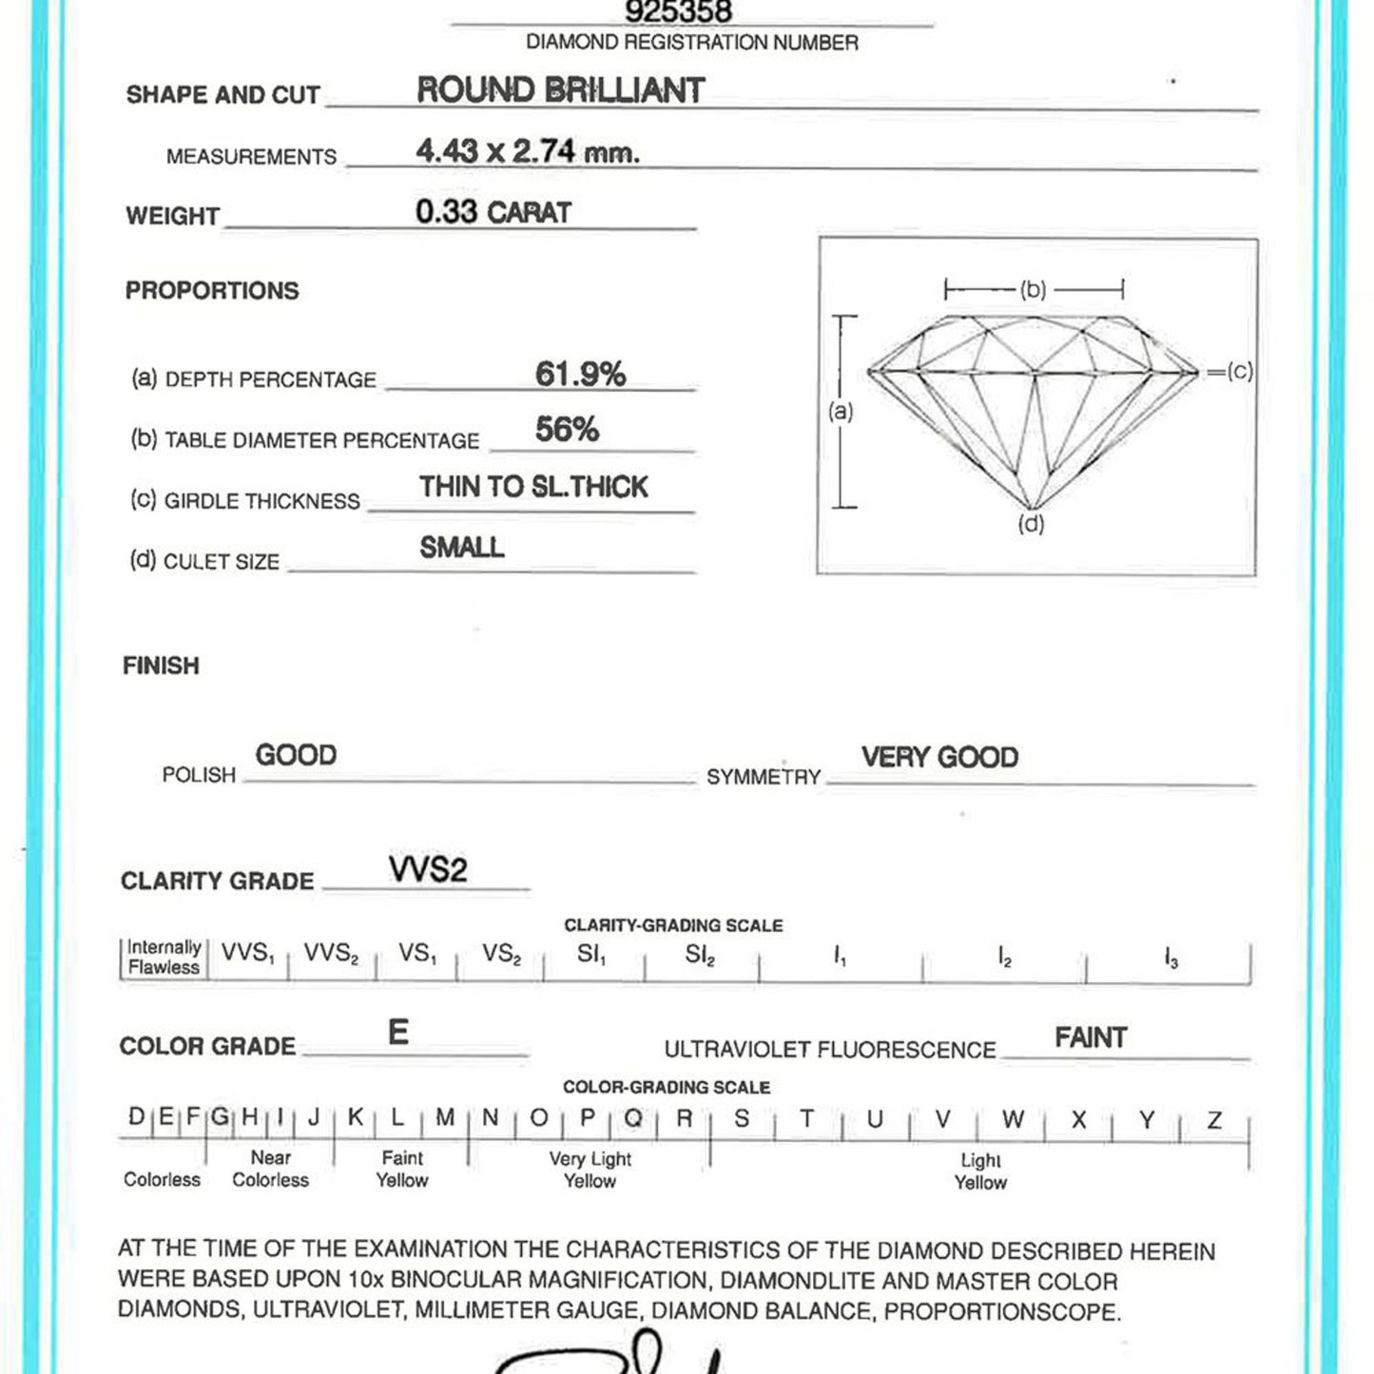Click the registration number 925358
click(x=678, y=12)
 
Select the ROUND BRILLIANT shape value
click(x=560, y=90)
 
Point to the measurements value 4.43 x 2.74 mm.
click(x=528, y=151)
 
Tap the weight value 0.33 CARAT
click(x=493, y=212)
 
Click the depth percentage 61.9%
click(x=580, y=374)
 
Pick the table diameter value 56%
click(x=567, y=430)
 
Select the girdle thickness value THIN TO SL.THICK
click(x=533, y=487)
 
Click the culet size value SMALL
click(x=462, y=548)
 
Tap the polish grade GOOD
click(x=296, y=755)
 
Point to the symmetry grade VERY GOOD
click(x=939, y=757)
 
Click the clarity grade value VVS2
click(x=428, y=869)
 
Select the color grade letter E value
click(x=398, y=1033)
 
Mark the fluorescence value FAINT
click(x=1091, y=1037)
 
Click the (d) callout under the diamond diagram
click(x=1031, y=524)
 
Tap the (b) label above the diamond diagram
click(x=1034, y=289)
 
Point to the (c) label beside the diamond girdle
click(x=1239, y=371)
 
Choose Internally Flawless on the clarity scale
click(x=164, y=958)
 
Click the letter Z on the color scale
click(x=1214, y=1120)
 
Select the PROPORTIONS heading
click(x=212, y=291)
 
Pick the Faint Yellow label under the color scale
click(x=402, y=1170)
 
